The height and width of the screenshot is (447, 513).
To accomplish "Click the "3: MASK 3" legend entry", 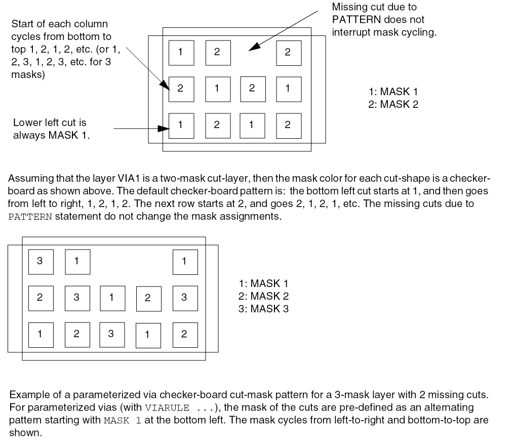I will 263,308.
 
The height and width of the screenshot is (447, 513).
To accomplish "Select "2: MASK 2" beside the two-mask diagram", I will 393,105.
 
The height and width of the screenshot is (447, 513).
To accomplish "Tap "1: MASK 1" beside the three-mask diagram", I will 263,284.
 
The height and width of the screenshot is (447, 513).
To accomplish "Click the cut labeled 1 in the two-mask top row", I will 180,52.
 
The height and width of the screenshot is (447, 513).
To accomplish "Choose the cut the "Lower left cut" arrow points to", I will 180,125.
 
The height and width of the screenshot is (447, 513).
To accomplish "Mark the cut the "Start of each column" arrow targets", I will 180,88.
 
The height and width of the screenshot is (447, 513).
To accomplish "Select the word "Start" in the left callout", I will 21,24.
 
